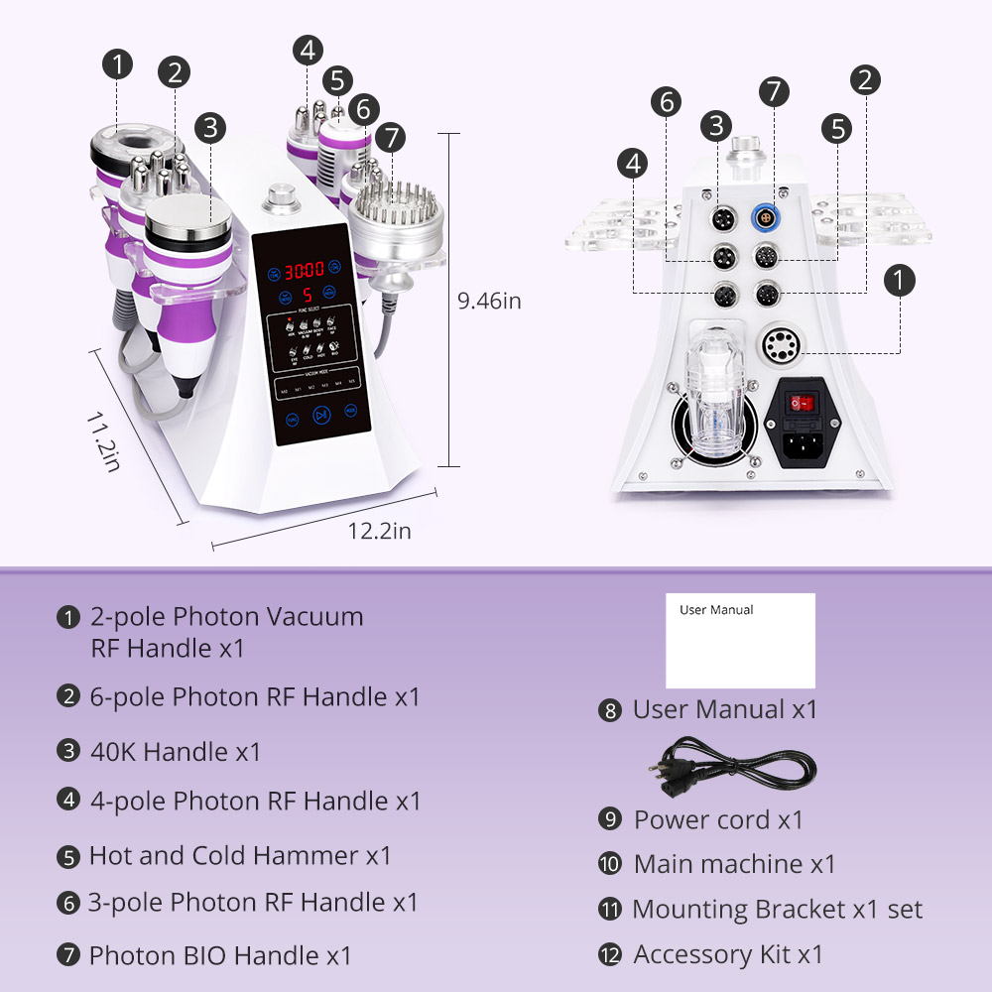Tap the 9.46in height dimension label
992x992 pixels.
tap(488, 301)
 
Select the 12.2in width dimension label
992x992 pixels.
tap(379, 531)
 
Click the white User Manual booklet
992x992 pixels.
tap(740, 641)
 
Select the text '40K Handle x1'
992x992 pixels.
tap(176, 752)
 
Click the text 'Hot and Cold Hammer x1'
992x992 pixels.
tap(240, 855)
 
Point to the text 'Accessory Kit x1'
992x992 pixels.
tap(728, 954)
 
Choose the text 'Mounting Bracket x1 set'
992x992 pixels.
tap(777, 909)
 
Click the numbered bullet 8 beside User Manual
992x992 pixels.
tap(609, 710)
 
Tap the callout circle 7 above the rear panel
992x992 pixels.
tap(774, 90)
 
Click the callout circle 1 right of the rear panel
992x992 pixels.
tap(899, 281)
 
